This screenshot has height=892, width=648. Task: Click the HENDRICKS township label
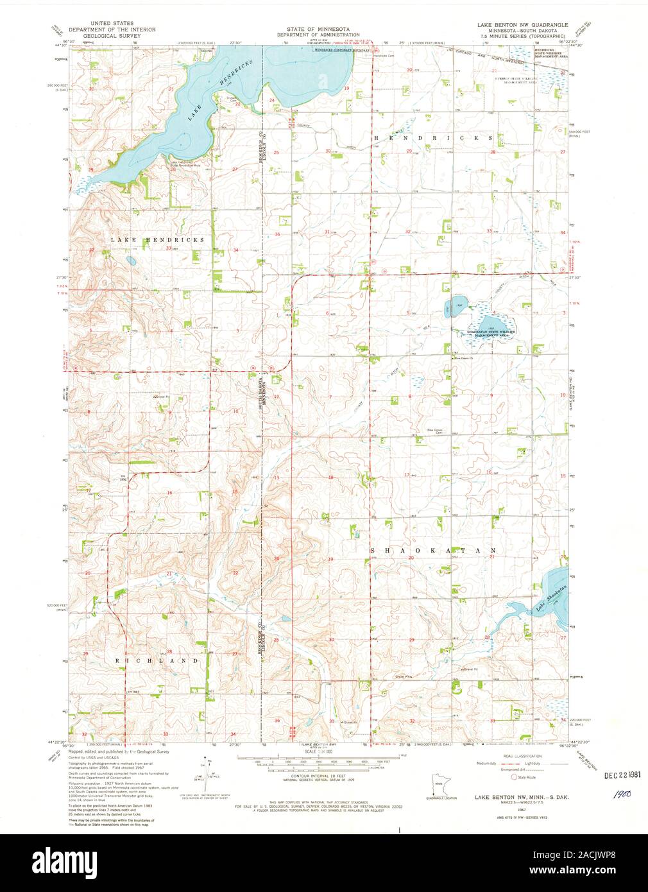click(x=434, y=138)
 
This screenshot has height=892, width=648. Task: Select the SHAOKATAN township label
click(x=434, y=550)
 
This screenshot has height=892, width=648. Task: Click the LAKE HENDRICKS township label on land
click(x=157, y=239)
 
